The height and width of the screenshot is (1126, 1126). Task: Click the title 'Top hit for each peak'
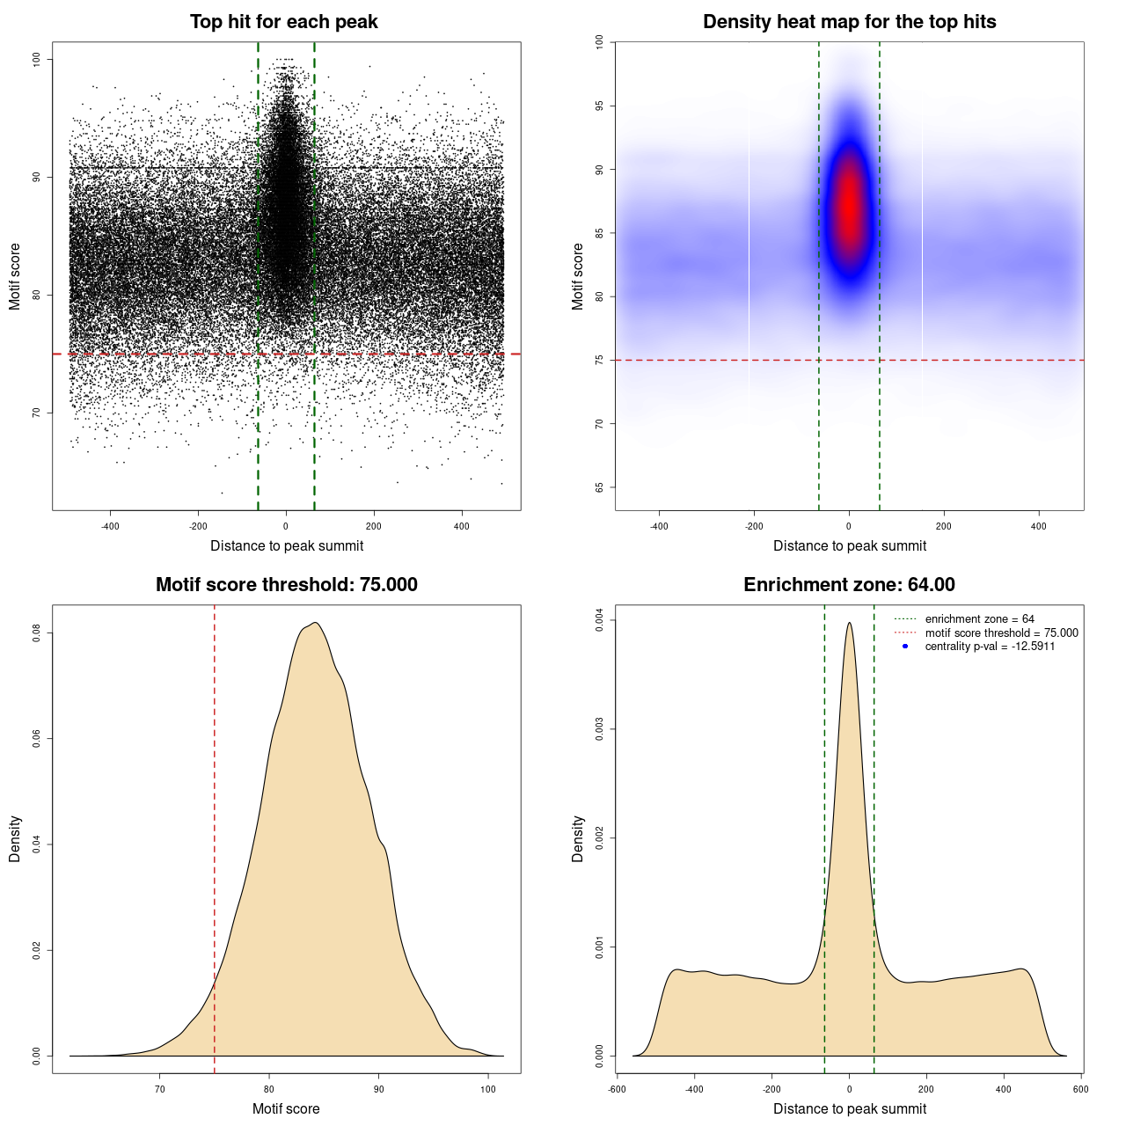tap(283, 22)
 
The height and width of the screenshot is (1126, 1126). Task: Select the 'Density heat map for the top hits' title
tap(849, 22)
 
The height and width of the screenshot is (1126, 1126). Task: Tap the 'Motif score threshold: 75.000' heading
tap(286, 585)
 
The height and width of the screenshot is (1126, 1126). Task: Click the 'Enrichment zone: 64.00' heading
tap(849, 585)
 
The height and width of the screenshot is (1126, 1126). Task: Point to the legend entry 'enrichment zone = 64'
tap(979, 619)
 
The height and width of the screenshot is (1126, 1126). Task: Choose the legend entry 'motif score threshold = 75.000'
tap(1001, 632)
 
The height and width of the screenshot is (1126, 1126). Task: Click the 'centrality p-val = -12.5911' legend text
tap(990, 647)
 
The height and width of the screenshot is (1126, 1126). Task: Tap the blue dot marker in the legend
tap(905, 647)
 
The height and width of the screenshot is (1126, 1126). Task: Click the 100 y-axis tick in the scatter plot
tap(37, 59)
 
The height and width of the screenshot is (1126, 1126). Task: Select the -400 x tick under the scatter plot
tap(110, 526)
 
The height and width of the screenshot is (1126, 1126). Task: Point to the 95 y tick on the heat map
tap(600, 106)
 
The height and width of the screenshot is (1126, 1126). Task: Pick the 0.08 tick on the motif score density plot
tap(37, 632)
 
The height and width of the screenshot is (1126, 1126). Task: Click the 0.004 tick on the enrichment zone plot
tap(600, 620)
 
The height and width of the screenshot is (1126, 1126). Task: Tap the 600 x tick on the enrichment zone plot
tap(1081, 1089)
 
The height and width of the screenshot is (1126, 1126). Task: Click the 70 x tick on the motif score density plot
tap(159, 1089)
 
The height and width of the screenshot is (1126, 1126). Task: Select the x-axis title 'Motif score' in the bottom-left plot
tap(286, 1108)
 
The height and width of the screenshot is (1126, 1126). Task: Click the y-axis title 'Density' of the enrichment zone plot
tap(578, 838)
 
